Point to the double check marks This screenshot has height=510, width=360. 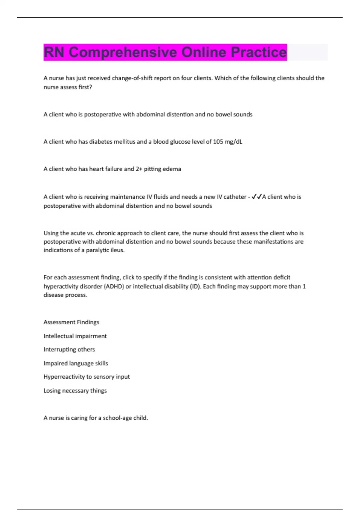[256, 196]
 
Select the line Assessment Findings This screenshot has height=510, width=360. [71, 322]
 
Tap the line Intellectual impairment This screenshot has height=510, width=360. [75, 336]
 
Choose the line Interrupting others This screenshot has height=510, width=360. [69, 349]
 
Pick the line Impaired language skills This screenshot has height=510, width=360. [76, 363]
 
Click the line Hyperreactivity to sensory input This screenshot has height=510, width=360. [87, 377]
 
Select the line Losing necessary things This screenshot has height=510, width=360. [75, 391]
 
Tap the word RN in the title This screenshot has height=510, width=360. [54, 52]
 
